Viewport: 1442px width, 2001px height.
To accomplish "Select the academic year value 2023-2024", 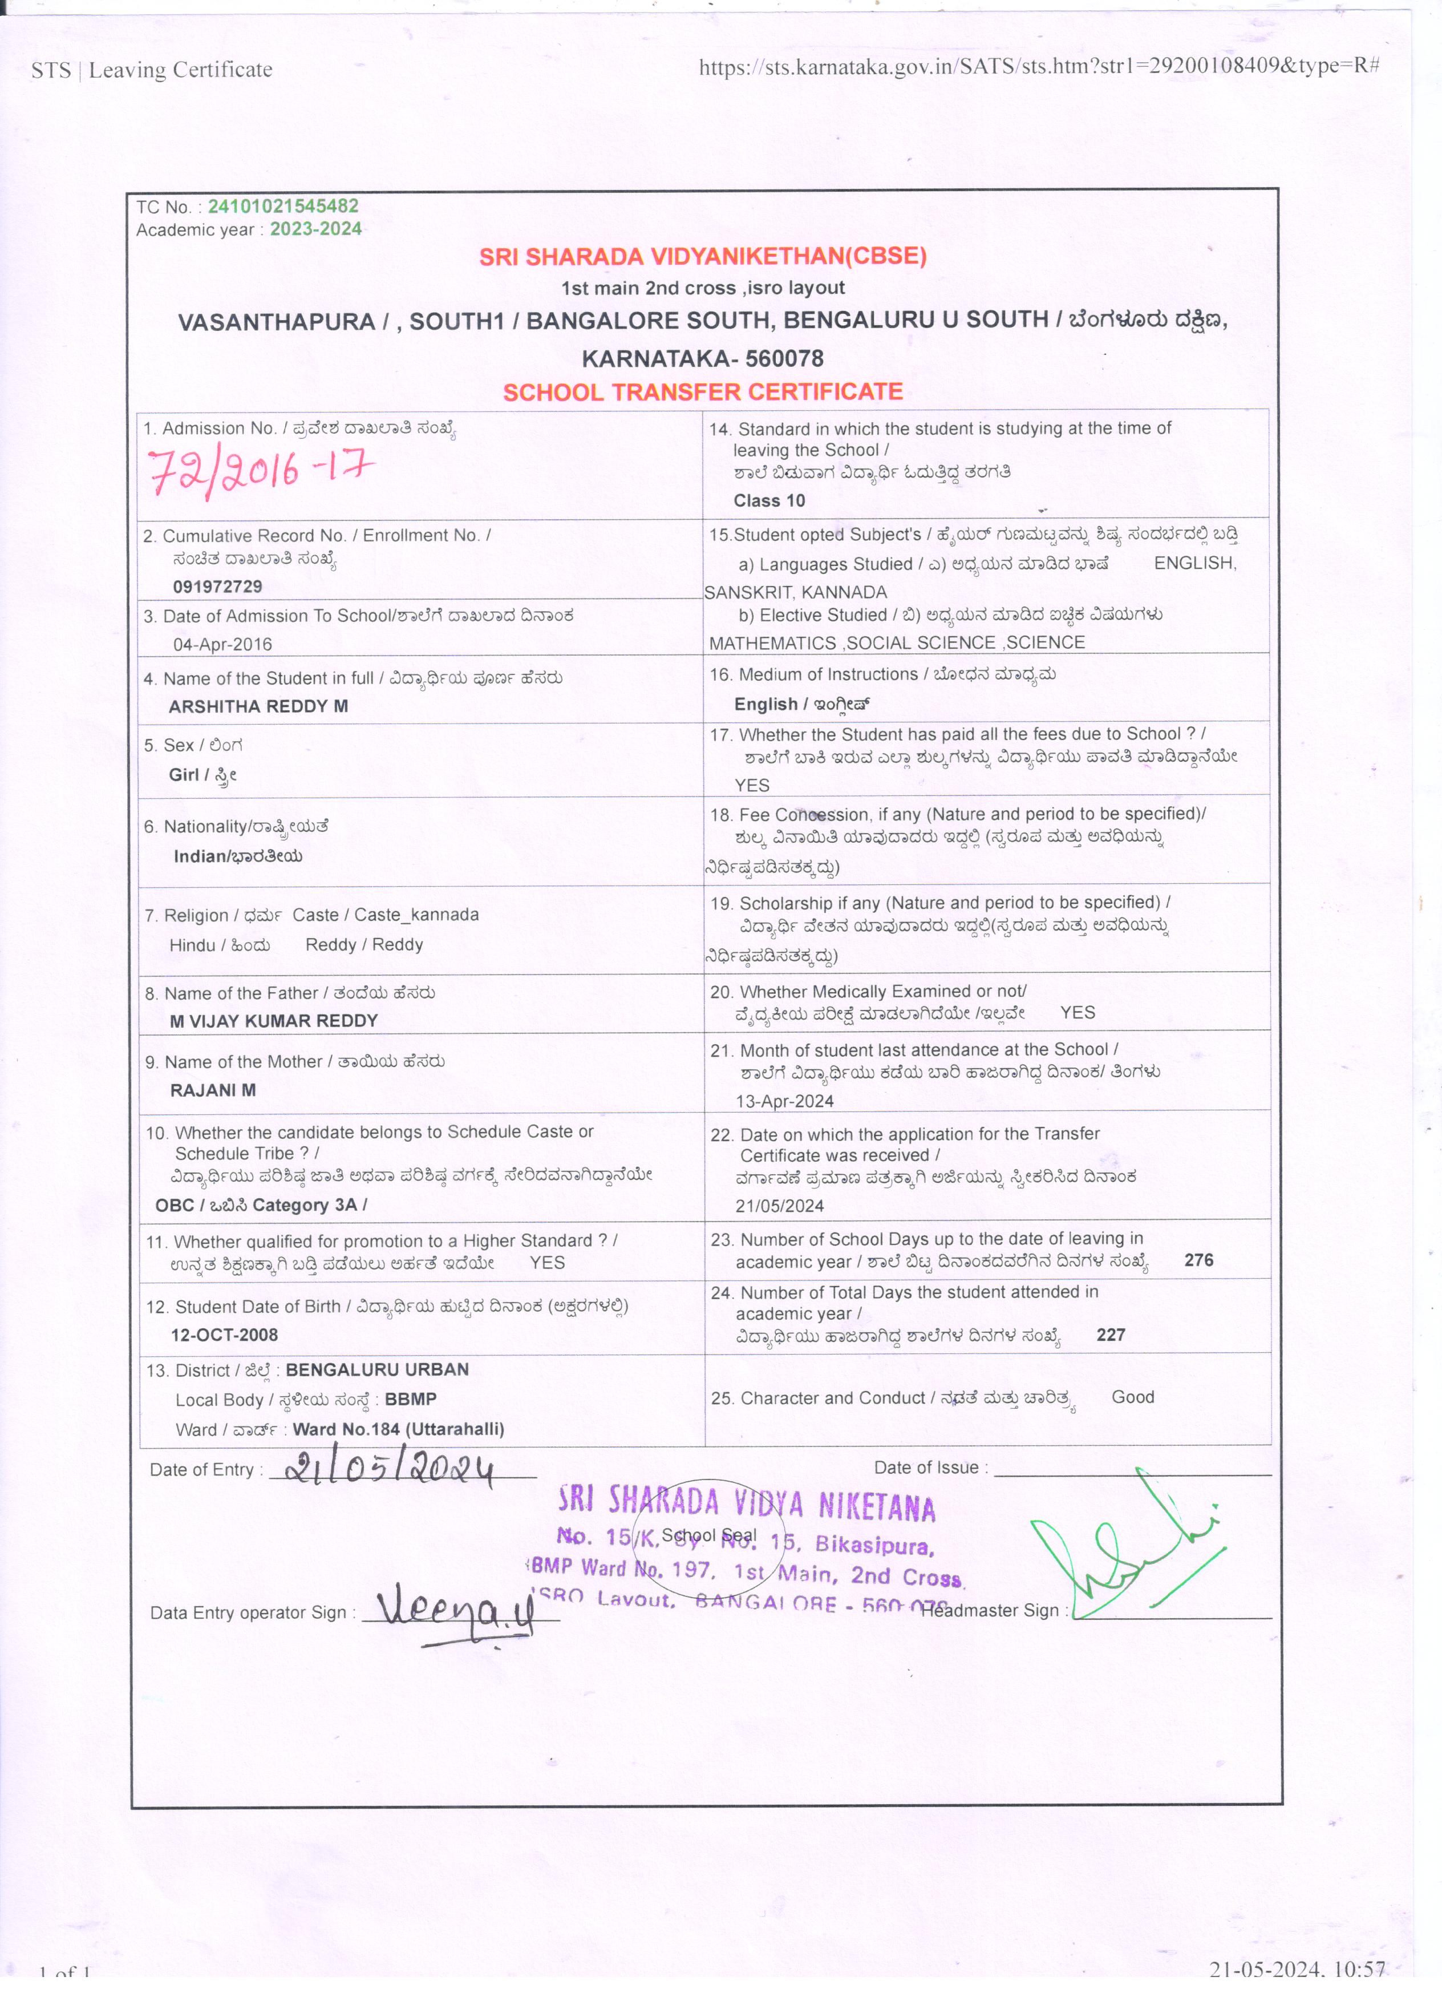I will coord(316,229).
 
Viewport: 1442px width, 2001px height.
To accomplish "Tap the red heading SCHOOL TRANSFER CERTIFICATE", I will coord(703,392).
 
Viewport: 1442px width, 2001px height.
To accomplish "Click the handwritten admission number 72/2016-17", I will coord(260,471).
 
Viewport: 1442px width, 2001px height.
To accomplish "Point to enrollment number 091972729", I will coord(217,587).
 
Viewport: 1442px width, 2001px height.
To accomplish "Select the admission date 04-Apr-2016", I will coord(222,644).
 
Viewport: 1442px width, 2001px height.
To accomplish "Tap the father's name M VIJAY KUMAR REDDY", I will coord(273,1021).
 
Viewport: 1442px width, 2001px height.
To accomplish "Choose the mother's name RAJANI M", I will coord(213,1090).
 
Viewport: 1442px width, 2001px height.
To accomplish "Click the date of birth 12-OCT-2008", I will coord(224,1335).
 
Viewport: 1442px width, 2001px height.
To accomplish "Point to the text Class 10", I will coord(769,501).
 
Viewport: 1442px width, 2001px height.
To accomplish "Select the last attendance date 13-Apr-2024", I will coord(784,1101).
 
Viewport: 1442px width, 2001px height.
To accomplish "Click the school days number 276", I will coord(1198,1260).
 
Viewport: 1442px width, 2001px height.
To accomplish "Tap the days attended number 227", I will coord(1111,1335).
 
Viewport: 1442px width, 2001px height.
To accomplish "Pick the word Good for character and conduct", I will coord(1132,1397).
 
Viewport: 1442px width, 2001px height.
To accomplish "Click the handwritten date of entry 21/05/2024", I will coord(390,1469).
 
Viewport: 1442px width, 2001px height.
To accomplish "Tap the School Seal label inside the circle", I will coord(708,1535).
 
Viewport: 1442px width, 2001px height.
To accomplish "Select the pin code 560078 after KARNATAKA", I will coord(784,359).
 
